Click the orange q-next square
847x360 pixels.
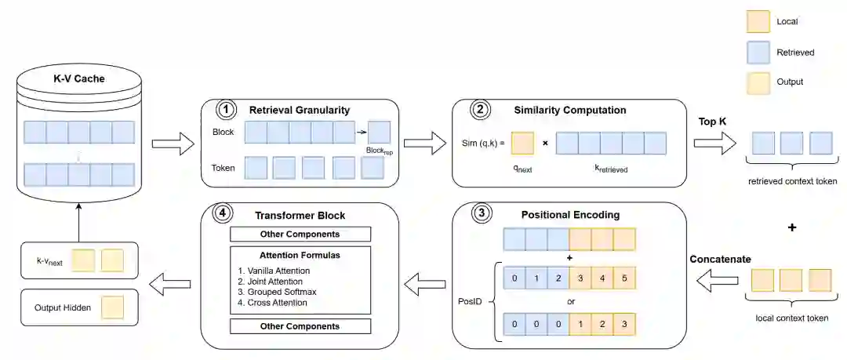523,143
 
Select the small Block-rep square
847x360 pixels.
379,132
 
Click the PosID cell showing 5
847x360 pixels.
623,278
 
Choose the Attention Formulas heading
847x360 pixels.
300,255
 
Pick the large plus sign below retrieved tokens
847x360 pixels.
791,227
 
